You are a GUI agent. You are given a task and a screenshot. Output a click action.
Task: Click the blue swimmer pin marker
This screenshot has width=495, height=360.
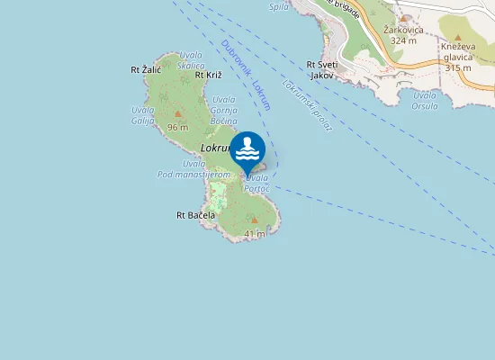247,151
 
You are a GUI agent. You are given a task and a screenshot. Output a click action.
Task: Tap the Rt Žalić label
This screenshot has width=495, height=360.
146,68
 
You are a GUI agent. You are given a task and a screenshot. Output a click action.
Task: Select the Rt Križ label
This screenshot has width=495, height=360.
208,75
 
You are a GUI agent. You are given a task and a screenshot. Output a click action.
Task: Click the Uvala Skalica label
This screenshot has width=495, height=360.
191,60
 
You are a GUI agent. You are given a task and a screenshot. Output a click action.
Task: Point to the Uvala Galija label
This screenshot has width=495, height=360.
143,114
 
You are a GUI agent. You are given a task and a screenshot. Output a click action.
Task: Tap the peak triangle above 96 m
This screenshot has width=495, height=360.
177,114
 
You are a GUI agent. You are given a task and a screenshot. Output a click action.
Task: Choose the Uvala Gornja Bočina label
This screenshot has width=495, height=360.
223,110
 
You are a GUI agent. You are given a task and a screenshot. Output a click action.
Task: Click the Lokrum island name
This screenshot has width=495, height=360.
217,147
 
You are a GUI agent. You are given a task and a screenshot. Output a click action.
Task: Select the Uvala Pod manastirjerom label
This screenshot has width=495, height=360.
194,169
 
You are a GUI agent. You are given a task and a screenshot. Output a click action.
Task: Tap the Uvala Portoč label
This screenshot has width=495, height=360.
256,183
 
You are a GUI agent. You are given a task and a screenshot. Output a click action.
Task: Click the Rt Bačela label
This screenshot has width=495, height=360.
195,216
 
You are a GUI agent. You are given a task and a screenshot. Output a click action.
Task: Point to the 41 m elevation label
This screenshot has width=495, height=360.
254,233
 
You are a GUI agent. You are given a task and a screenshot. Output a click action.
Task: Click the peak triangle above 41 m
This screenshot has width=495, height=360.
254,220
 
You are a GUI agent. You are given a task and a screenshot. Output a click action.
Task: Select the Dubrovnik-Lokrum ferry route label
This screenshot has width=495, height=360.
246,76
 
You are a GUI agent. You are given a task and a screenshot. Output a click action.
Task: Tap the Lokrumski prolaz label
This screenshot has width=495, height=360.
308,107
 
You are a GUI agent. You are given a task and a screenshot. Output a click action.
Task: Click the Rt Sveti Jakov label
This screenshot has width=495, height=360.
321,70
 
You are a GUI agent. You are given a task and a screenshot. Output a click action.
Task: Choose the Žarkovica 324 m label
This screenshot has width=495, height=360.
400,35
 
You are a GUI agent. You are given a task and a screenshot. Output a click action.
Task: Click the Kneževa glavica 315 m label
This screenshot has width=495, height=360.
457,56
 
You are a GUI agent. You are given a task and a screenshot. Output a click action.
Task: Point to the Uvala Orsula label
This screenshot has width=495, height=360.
425,100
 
